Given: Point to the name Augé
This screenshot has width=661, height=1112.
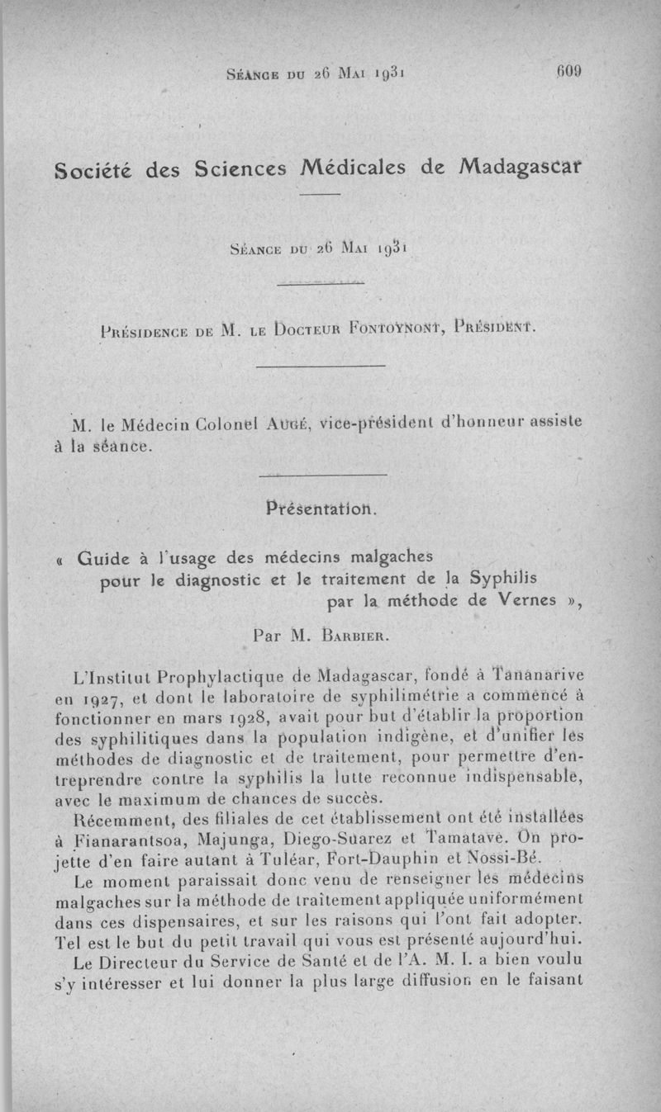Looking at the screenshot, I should pos(288,424).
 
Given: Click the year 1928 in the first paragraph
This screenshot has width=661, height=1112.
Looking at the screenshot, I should pos(250,714).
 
